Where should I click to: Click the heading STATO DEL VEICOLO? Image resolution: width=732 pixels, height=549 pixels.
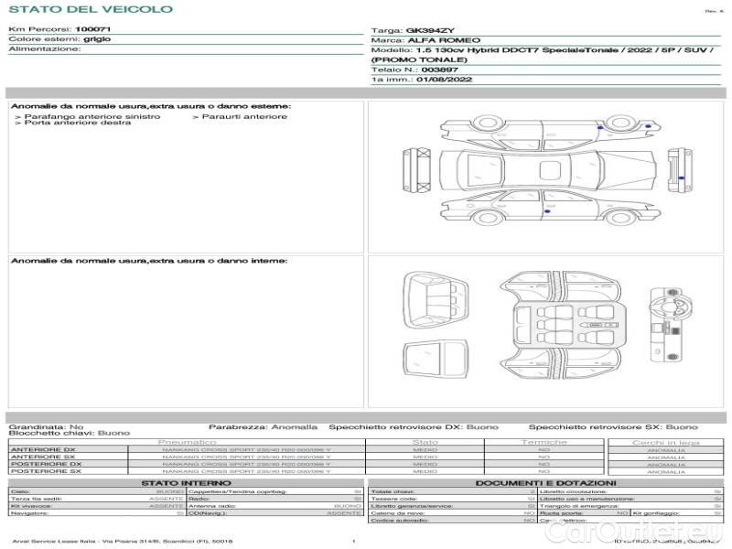(91, 9)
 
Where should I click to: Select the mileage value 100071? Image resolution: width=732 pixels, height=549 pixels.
(92, 30)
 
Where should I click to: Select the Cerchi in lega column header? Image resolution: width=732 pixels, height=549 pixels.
(666, 442)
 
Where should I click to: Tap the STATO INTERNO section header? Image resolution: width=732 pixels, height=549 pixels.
(187, 482)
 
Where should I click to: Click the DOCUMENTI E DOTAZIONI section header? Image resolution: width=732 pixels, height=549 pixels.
(545, 482)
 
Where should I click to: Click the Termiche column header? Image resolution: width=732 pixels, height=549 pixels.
(544, 442)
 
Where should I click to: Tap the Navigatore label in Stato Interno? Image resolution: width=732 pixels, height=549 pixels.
(27, 513)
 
